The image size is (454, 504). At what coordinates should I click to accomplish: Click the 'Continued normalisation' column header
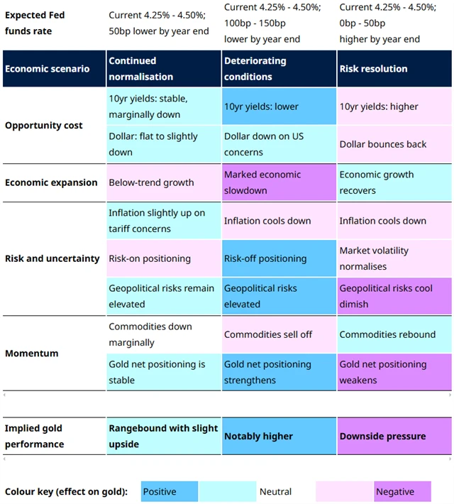pyautogui.click(x=164, y=69)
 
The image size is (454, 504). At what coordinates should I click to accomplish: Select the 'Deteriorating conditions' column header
pyautogui.click(x=279, y=69)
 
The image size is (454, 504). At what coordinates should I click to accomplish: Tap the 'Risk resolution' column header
pyautogui.click(x=394, y=69)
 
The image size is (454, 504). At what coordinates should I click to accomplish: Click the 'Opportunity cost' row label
pyautogui.click(x=44, y=126)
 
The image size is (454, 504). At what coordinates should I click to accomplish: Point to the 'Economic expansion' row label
pyautogui.click(x=51, y=182)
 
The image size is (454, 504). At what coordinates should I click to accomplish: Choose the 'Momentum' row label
pyautogui.click(x=32, y=354)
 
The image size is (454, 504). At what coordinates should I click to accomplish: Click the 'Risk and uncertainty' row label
pyautogui.click(x=52, y=258)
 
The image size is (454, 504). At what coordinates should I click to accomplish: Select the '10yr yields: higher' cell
pyautogui.click(x=394, y=106)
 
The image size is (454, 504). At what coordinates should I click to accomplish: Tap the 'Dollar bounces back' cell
pyautogui.click(x=394, y=144)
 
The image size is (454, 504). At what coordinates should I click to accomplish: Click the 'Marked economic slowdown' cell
pyautogui.click(x=279, y=182)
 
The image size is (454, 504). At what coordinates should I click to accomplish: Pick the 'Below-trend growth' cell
pyautogui.click(x=164, y=182)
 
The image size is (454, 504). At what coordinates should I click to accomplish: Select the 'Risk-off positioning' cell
pyautogui.click(x=279, y=258)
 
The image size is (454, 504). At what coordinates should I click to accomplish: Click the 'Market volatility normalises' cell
pyautogui.click(x=394, y=258)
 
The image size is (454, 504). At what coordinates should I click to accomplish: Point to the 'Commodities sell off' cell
pyautogui.click(x=279, y=334)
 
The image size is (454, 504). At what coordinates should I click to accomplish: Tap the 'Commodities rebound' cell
pyautogui.click(x=394, y=334)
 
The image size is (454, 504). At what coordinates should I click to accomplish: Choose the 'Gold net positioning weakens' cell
pyautogui.click(x=394, y=372)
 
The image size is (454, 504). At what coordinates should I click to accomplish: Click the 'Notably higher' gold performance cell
pyautogui.click(x=279, y=437)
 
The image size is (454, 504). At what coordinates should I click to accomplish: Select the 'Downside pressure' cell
pyautogui.click(x=394, y=437)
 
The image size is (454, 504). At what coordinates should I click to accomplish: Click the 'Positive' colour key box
pyautogui.click(x=169, y=491)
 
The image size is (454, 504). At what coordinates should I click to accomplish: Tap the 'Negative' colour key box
pyautogui.click(x=402, y=491)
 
